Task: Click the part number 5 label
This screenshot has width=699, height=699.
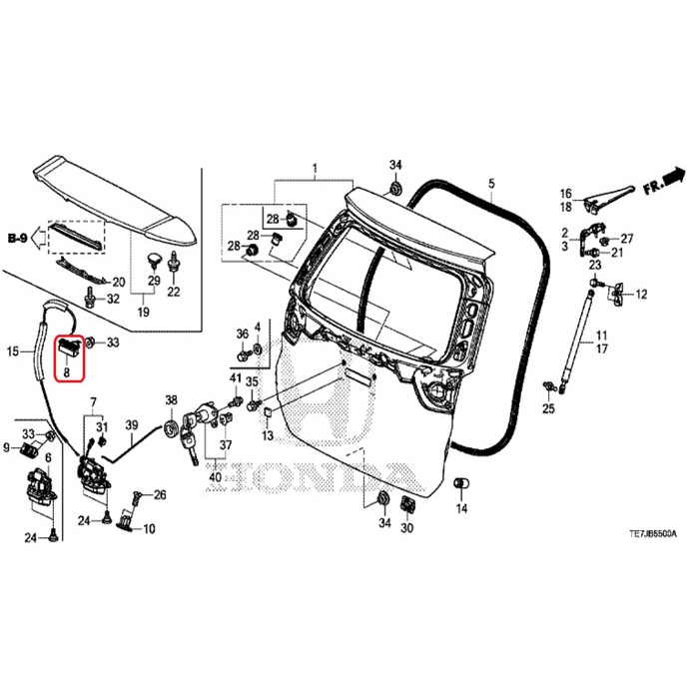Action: click(x=491, y=184)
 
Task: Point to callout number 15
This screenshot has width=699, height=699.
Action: click(x=13, y=351)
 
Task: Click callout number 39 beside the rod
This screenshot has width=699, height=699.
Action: click(x=130, y=426)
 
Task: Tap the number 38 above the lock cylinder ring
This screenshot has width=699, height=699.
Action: click(x=171, y=400)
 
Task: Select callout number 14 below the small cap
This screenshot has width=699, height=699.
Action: click(x=461, y=509)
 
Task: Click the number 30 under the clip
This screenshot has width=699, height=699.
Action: click(x=406, y=528)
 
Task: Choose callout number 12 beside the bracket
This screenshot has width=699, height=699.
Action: click(x=641, y=295)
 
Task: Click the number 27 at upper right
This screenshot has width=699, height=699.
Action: click(x=628, y=239)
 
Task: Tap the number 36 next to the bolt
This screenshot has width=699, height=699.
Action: click(x=242, y=333)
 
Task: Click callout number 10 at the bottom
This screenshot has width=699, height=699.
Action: click(x=150, y=528)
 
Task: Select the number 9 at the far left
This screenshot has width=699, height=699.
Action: click(x=7, y=446)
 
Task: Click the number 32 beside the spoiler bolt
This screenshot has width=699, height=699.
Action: click(x=113, y=299)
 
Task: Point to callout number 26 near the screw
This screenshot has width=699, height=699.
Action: click(x=160, y=495)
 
